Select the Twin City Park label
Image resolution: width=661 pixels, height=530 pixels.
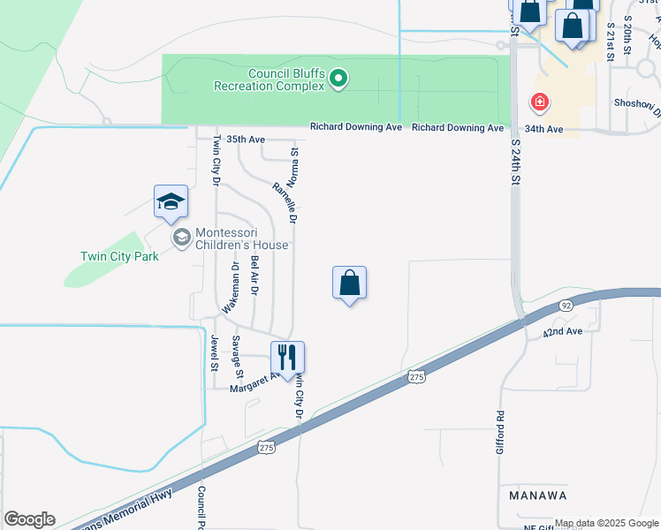click(x=118, y=256)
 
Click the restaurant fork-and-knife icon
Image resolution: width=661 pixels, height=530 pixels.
click(x=287, y=358)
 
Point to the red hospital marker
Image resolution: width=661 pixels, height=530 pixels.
click(x=538, y=103)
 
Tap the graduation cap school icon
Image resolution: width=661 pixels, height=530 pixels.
click(x=171, y=202)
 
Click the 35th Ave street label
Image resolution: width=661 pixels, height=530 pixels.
click(x=246, y=140)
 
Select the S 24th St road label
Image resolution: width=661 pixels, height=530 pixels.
click(x=516, y=160)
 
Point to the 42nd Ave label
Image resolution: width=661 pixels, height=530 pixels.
click(x=563, y=331)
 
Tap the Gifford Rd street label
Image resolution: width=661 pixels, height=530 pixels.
click(x=499, y=431)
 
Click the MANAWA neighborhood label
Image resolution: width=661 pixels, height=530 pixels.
click(x=537, y=496)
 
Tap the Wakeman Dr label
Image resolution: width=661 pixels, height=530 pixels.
click(x=232, y=287)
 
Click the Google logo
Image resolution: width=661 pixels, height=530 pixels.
click(x=29, y=519)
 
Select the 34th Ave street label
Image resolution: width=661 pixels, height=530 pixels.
click(x=543, y=129)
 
